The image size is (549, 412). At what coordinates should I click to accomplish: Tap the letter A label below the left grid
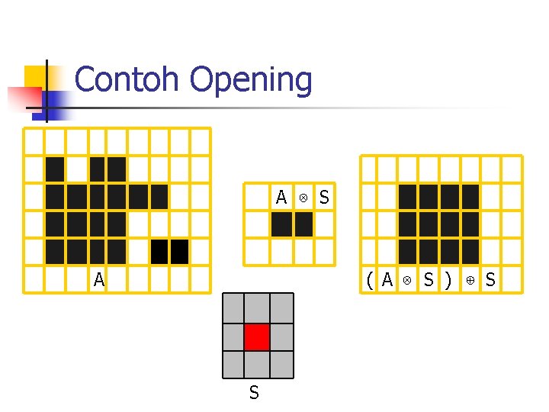coord(99,280)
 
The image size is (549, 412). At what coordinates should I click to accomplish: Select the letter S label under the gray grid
coord(254,393)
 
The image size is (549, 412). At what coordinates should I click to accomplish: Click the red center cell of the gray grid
coord(258,336)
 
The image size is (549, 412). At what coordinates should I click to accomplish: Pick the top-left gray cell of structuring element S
coord(233,307)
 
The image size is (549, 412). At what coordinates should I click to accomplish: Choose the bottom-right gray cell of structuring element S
coord(282,364)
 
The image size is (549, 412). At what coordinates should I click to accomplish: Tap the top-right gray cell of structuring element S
coord(282,307)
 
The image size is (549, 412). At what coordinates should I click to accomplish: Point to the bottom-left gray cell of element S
coord(233,364)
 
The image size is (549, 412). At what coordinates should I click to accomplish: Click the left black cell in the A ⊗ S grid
coord(281,224)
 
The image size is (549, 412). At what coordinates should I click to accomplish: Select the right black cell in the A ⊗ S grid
coord(303,224)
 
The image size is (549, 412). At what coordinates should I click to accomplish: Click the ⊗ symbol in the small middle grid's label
coord(303,198)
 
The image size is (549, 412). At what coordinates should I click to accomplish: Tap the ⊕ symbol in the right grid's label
coord(470,280)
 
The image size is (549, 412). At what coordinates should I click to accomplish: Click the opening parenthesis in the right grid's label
coord(370,280)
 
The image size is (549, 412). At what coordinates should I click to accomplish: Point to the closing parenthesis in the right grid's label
coord(448,280)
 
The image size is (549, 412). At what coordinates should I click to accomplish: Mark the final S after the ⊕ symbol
coord(490,280)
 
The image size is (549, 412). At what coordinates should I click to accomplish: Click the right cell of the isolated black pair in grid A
coord(180,251)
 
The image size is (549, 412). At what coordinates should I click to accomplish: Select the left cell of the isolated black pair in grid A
coord(159,251)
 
